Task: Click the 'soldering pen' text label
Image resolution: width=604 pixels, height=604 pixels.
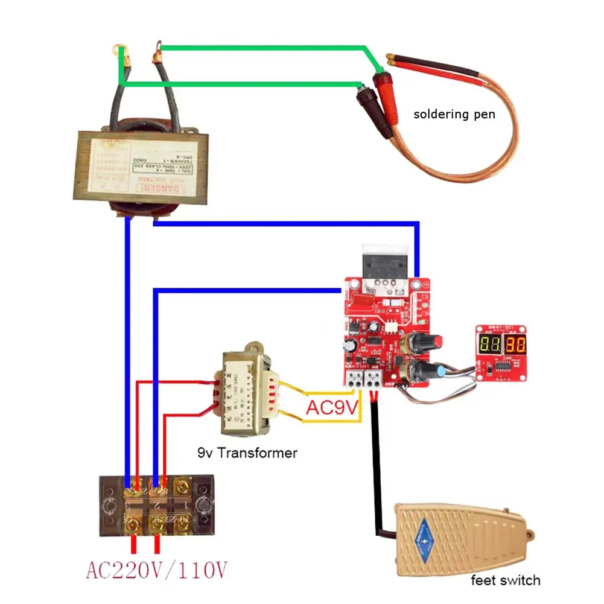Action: (454, 113)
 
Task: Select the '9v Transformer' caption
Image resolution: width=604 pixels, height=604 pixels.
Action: (247, 453)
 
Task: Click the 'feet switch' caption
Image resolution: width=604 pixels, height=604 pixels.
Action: (506, 580)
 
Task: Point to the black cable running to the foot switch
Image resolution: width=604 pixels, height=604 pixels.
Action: (377, 465)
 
